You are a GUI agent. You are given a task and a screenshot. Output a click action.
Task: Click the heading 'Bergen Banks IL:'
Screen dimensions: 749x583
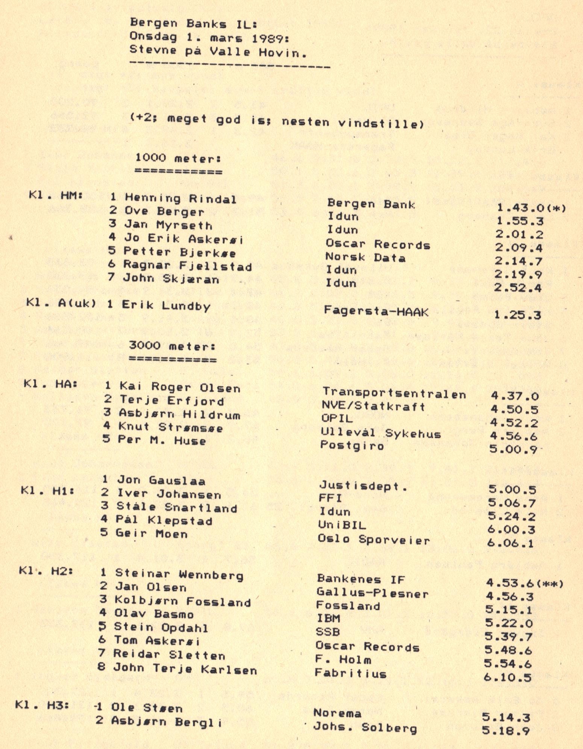[x=193, y=23]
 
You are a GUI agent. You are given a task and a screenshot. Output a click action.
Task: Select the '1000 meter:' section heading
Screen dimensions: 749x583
[x=178, y=158]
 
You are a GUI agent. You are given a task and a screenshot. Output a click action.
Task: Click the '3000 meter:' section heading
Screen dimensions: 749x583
[x=172, y=345]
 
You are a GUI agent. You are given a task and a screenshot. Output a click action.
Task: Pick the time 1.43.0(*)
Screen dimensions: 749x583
[x=531, y=208]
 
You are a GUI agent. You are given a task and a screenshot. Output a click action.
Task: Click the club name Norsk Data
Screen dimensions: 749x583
[x=365, y=258]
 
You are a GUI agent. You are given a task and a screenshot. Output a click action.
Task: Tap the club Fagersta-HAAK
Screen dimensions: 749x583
[x=376, y=311]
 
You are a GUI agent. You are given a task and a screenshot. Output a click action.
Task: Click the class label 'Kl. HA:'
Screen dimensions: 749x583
[x=50, y=384]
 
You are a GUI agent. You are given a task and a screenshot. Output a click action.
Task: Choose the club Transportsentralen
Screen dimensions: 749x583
[x=394, y=393]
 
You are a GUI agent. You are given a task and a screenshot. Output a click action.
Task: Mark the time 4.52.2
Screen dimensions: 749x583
[x=514, y=423]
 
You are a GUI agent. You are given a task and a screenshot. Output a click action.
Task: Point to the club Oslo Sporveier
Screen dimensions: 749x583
[x=374, y=539]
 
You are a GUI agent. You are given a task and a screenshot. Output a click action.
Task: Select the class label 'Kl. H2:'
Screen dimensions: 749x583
[x=45, y=571]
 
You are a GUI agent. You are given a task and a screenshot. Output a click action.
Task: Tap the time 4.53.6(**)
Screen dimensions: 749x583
[x=524, y=583]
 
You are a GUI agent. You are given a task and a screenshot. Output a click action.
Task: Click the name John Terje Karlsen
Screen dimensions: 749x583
[x=185, y=668]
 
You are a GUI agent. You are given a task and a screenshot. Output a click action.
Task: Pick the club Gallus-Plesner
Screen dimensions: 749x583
[x=372, y=593]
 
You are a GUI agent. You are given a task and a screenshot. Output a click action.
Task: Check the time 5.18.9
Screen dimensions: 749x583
[x=506, y=731]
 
